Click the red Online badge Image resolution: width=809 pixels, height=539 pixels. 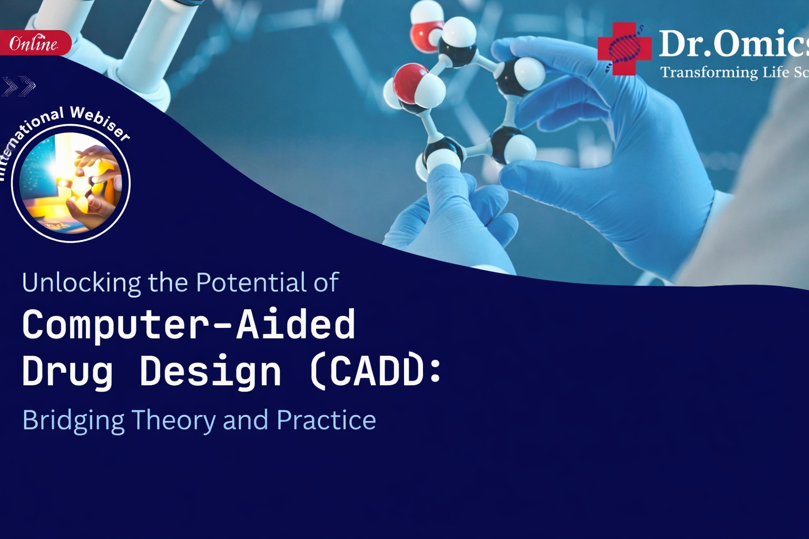pyautogui.click(x=34, y=43)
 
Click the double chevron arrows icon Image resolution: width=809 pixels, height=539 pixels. pyautogui.click(x=18, y=86)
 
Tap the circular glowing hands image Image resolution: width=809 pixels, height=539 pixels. pyautogui.click(x=71, y=183)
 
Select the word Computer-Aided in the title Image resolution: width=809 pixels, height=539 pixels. pyautogui.click(x=189, y=325)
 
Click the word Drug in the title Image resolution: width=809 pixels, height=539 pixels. pyautogui.click(x=67, y=372)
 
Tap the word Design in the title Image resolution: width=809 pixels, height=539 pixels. pyautogui.click(x=210, y=372)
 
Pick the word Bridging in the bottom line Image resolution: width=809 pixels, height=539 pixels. pyautogui.click(x=73, y=421)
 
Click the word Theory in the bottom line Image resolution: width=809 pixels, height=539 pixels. pyautogui.click(x=173, y=421)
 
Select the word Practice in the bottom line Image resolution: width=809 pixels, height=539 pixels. pyautogui.click(x=326, y=421)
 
